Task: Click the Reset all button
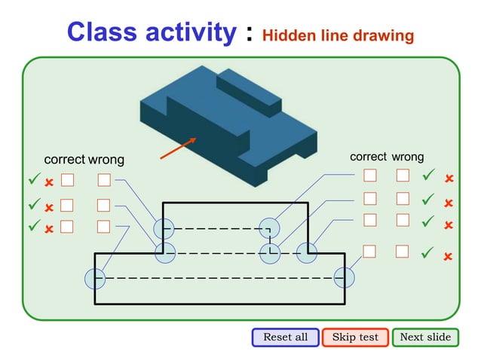click(x=285, y=337)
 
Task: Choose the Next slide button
click(x=425, y=337)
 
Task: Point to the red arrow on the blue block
click(x=179, y=148)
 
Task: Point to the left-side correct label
click(x=65, y=160)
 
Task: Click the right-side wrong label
click(x=408, y=157)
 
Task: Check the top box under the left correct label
click(x=67, y=180)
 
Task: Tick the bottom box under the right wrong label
click(x=403, y=251)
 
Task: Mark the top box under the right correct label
click(x=370, y=175)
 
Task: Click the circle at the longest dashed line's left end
click(x=95, y=278)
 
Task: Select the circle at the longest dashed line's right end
click(x=345, y=278)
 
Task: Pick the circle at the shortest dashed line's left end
click(x=164, y=228)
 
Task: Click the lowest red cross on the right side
click(x=448, y=256)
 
